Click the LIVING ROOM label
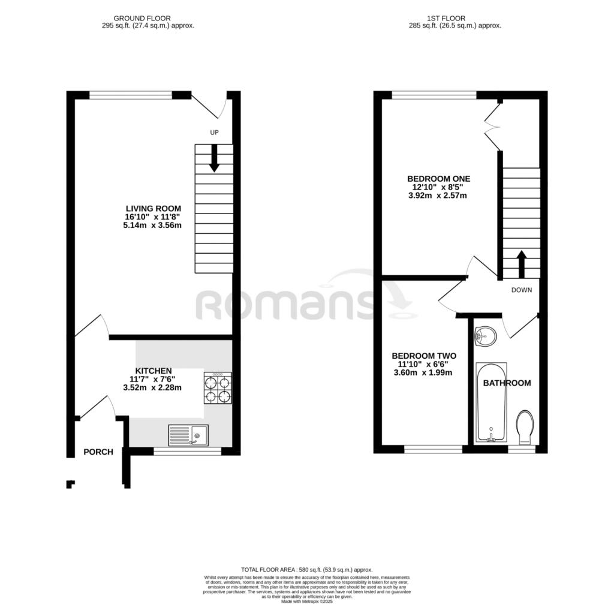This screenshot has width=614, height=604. point(153,208)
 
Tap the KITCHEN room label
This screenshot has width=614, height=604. point(153,371)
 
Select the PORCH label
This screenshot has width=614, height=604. point(98,452)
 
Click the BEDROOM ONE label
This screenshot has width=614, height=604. point(438,178)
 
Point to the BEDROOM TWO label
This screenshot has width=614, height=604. point(424,355)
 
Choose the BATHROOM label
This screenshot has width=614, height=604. point(507,383)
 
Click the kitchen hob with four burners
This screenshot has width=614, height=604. point(218,388)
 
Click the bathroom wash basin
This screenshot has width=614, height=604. point(485,337)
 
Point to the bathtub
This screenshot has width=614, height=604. point(491,402)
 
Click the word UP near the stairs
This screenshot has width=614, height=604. point(213,133)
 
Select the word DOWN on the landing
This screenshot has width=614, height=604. point(521,290)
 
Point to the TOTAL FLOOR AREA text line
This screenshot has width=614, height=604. point(306,570)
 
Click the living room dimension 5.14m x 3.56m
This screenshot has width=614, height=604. point(152,226)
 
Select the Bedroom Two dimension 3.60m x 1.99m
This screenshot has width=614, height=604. point(422,372)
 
